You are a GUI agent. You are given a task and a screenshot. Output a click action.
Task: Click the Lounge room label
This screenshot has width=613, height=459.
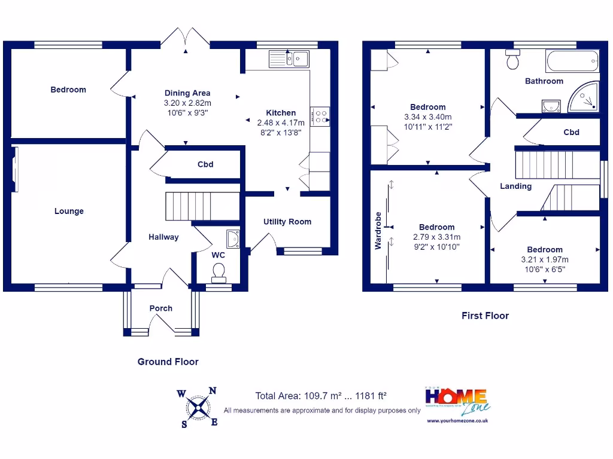click(x=69, y=211)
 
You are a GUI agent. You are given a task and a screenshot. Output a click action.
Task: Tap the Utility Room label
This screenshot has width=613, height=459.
click(x=287, y=222)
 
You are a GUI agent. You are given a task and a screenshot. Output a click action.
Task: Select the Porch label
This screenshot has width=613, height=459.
click(x=161, y=308)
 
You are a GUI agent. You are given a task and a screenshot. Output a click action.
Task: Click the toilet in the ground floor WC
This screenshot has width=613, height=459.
click(x=219, y=274)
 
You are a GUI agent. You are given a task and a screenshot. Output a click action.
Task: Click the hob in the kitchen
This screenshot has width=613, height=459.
click(x=319, y=115)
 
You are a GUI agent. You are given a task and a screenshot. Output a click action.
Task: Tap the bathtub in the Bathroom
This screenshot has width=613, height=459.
click(x=571, y=61)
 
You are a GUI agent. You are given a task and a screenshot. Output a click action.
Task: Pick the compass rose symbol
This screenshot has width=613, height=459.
click(x=198, y=408)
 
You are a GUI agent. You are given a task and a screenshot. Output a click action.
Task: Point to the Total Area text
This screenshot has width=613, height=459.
click(x=321, y=396)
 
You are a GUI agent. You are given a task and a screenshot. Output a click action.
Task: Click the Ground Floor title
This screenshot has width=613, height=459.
click(x=168, y=362)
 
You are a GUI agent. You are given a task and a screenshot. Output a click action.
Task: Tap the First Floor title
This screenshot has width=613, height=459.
click(x=485, y=316)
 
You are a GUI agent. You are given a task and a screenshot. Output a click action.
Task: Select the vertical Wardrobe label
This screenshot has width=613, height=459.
click(x=378, y=230)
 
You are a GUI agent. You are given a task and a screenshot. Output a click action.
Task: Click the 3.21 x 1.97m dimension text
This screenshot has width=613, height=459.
click(x=544, y=259)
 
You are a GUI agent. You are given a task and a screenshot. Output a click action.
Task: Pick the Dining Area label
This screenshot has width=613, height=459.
click(x=187, y=93)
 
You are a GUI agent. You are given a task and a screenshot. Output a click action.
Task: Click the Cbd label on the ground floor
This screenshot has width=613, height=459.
click(x=205, y=164)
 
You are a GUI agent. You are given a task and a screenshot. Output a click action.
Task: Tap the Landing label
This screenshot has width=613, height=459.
click(x=515, y=186)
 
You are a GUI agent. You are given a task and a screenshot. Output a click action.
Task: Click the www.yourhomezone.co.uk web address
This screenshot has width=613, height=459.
click(x=458, y=421)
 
